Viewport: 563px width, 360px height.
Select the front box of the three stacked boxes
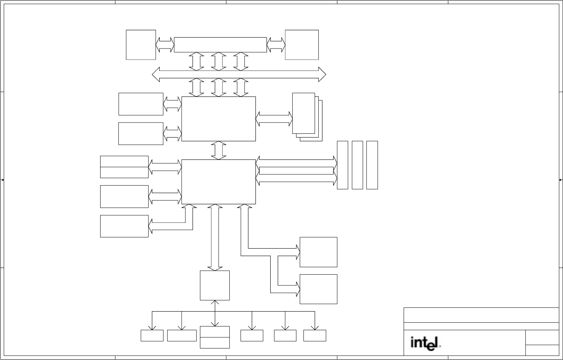(x=303, y=113)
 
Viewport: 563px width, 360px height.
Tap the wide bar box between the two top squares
(x=220, y=45)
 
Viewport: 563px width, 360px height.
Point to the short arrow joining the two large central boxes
(x=219, y=151)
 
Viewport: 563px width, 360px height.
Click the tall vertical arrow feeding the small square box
(x=215, y=237)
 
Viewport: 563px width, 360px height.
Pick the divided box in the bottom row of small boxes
(x=214, y=337)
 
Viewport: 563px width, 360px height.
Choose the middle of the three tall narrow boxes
(x=357, y=165)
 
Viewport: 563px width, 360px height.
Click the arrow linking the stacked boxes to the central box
(x=274, y=119)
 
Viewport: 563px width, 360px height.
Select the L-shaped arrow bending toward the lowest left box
(x=171, y=225)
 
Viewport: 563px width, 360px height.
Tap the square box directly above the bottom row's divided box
(x=214, y=285)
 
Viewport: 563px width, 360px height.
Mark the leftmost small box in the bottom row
(x=152, y=335)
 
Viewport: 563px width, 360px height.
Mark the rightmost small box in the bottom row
(x=315, y=335)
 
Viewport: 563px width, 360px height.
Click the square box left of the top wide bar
(x=141, y=45)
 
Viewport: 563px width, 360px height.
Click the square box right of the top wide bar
(x=302, y=45)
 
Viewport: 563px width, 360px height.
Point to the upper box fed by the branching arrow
(x=318, y=252)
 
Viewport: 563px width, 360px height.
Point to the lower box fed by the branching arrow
(x=318, y=289)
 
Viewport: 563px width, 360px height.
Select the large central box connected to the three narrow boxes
(x=219, y=182)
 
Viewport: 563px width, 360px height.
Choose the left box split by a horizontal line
(x=124, y=167)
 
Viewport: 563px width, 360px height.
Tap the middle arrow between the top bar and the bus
(x=219, y=61)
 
